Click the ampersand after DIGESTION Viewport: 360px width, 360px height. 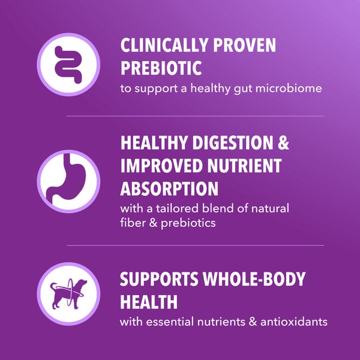click(x=283, y=144)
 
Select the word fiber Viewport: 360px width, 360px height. click(x=132, y=223)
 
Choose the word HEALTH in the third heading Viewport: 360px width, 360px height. click(x=145, y=301)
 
